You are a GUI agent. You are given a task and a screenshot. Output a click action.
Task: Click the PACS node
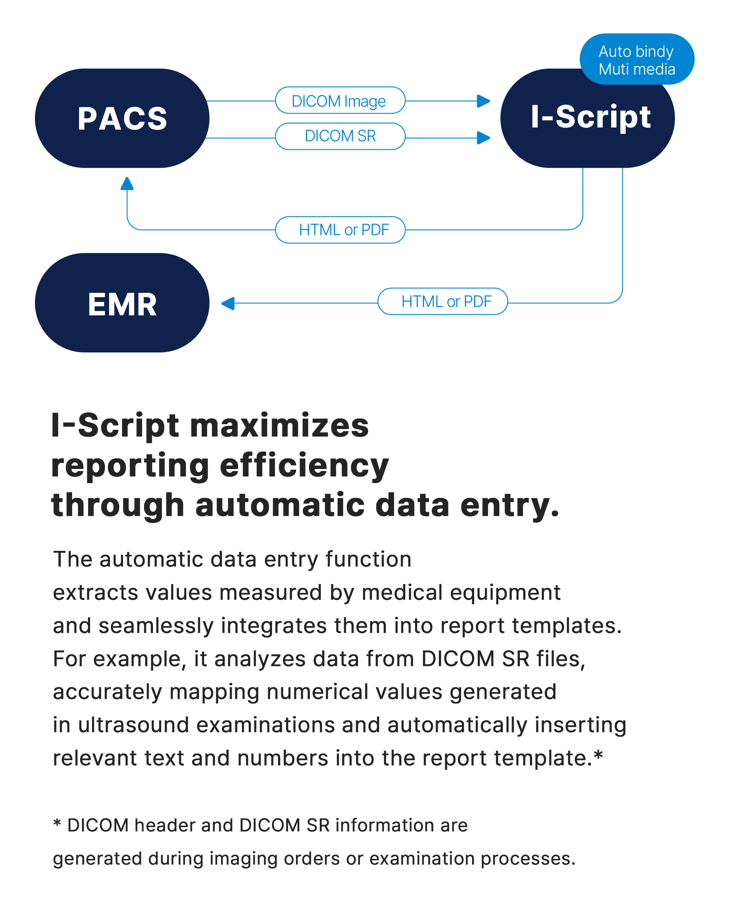122,118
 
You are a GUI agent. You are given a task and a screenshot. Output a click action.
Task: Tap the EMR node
122,303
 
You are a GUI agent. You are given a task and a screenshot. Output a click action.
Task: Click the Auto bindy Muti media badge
637,59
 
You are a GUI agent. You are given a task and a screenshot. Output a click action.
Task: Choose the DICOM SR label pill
340,136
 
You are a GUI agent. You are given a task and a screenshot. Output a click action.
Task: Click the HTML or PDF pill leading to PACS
340,230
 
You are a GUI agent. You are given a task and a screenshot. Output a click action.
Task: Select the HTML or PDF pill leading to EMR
443,301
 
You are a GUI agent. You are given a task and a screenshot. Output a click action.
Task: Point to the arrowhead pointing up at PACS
127,184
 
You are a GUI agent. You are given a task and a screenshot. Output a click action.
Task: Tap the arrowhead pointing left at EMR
228,303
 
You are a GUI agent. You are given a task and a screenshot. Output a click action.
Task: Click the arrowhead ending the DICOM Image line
483,101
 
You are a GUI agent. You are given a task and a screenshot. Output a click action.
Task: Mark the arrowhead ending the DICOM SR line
483,138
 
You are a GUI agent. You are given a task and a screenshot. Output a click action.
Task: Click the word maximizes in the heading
279,426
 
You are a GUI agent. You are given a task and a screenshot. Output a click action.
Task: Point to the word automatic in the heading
280,505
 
